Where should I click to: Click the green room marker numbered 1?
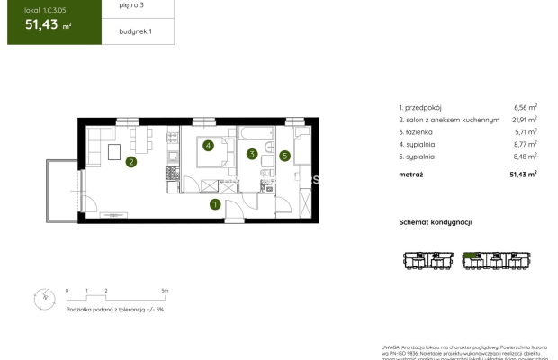215,204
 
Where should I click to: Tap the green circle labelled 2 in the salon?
131,163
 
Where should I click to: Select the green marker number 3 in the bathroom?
252,154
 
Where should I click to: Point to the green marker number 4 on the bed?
208,145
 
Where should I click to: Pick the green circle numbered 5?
284,156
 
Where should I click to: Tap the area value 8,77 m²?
523,143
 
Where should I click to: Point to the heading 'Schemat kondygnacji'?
436,221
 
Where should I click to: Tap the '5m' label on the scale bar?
164,291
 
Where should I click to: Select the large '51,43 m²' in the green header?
43,26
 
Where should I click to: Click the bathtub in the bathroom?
253,136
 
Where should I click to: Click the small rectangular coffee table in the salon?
115,153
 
